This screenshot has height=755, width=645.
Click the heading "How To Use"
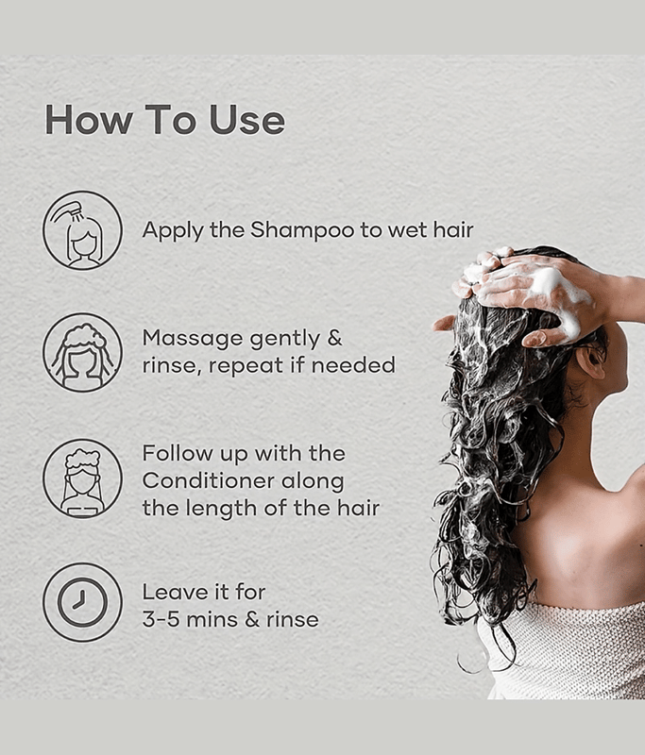tap(164, 120)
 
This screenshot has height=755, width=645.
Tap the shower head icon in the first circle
tap(66, 211)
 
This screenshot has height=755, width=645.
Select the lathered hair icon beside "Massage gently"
tap(82, 352)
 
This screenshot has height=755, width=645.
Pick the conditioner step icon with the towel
tap(82, 478)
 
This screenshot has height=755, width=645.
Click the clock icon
tap(82, 602)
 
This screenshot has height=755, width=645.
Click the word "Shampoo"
tap(302, 230)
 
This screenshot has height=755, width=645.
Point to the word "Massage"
tap(193, 339)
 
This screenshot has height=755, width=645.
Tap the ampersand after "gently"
tap(334, 338)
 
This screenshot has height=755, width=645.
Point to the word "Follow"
tap(178, 453)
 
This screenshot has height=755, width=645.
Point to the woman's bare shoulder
tap(598, 539)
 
